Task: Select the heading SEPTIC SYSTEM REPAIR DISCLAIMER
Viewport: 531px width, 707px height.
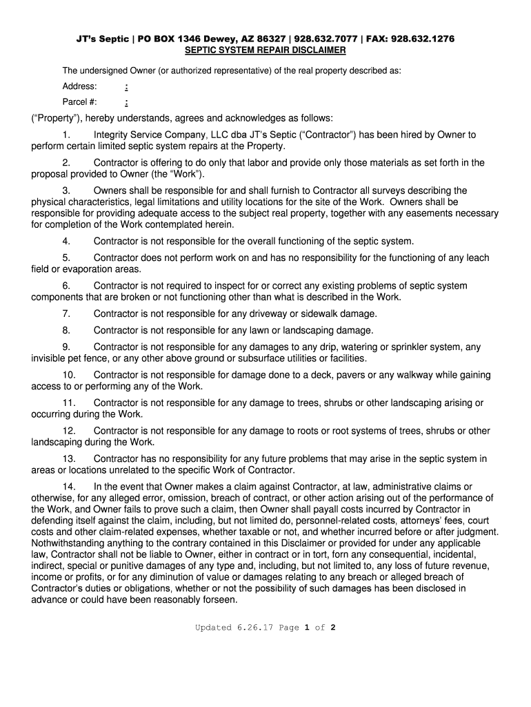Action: click(265, 51)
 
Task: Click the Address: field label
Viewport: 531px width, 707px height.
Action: click(80, 86)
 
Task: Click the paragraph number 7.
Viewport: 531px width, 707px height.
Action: click(66, 313)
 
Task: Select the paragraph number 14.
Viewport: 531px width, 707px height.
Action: click(69, 487)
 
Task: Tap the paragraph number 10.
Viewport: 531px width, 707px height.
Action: click(69, 375)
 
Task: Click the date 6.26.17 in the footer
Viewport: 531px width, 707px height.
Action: click(254, 628)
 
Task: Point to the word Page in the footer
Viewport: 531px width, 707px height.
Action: click(289, 628)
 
